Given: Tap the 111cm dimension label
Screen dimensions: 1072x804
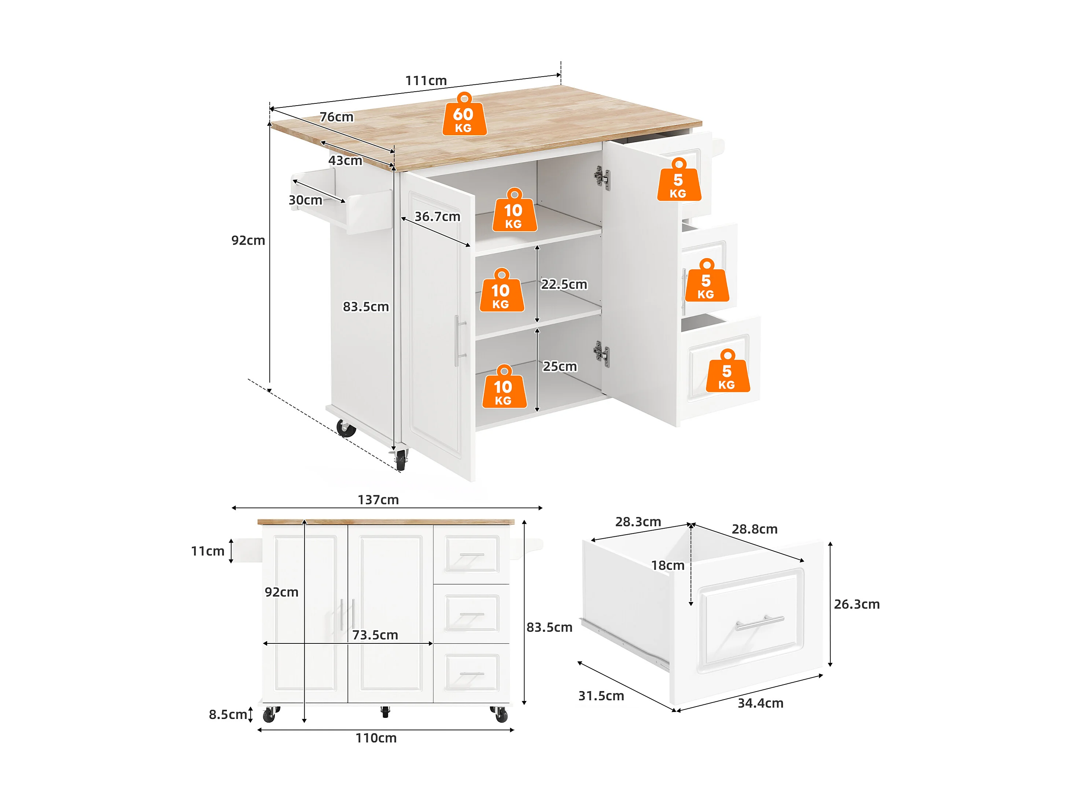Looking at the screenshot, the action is coord(426,81).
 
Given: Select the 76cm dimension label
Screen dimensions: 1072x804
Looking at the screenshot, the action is coord(336,117).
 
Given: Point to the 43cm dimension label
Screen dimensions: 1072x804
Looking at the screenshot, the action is coord(345,161).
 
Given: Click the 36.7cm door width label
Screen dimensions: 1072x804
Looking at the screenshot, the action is coord(437,217).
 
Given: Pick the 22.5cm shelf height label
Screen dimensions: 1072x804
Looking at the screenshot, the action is coord(564,284).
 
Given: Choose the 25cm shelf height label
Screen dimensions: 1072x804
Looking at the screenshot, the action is coord(560,367).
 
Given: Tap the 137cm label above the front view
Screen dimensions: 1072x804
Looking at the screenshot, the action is coord(378,500).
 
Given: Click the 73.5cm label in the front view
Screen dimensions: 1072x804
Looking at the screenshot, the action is coord(375,635).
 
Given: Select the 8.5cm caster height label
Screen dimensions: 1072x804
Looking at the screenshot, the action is coord(228,715).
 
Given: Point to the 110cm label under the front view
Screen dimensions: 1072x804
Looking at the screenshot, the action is coord(376,738).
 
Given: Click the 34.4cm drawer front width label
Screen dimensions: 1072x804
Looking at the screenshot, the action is coord(760,704).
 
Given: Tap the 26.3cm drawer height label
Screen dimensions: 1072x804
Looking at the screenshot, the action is coord(857,605).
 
